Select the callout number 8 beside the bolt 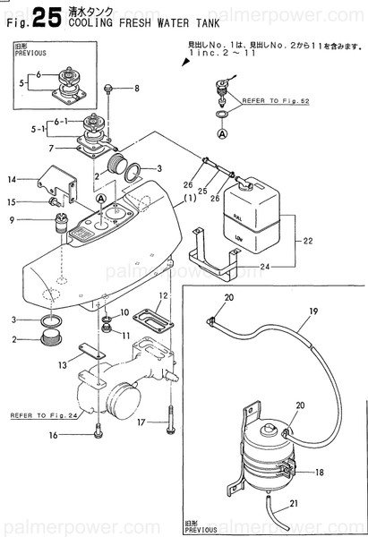136,88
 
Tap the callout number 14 13,179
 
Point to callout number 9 12,219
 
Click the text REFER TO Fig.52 270,101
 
